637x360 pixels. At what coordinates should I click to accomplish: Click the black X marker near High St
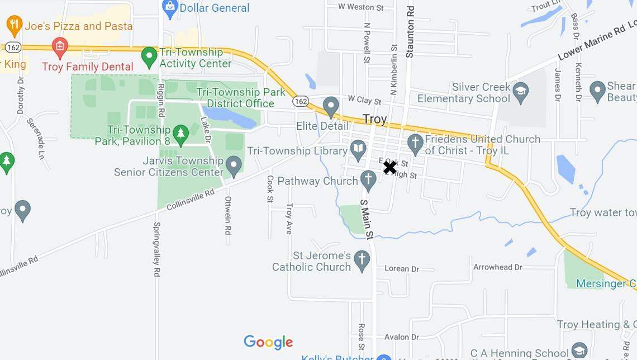pos(389,167)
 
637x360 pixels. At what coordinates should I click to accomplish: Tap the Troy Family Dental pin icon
pos(59,47)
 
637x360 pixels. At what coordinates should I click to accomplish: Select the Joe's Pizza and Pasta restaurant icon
pos(14,25)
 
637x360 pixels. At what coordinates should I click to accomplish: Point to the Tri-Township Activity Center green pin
pos(149,56)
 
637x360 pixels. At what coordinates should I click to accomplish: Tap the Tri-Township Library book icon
pos(358,149)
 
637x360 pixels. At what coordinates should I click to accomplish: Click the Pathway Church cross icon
pos(368,180)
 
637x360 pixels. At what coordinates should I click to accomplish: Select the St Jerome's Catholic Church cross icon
pos(362,260)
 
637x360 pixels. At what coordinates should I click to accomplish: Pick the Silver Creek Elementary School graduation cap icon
pos(521,93)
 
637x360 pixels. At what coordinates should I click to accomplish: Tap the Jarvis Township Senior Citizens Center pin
pos(234,165)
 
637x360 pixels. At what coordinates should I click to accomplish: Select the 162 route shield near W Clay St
pos(301,101)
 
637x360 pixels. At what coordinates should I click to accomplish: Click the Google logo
pos(268,342)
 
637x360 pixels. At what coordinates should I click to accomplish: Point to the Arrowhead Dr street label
pos(497,267)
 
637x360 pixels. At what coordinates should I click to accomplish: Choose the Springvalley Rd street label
pos(157,249)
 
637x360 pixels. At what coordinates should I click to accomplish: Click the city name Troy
pos(374,119)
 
